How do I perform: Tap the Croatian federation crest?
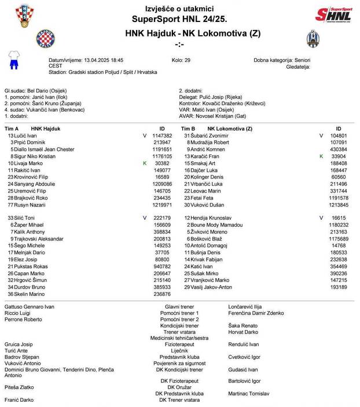pos(24,15)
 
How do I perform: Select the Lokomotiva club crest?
pos(313,39)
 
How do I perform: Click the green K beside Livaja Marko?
pos(145,164)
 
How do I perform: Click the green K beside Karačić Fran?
pos(321,157)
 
